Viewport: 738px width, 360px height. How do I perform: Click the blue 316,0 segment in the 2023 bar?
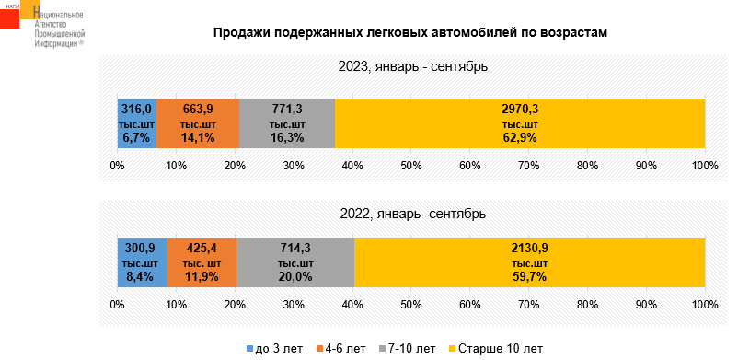136,123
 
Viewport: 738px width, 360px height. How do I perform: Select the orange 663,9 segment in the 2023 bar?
198,123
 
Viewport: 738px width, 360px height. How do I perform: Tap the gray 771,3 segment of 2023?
287,123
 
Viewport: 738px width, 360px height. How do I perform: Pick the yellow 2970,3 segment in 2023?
520,123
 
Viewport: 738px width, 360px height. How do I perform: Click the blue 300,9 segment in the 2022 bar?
142,262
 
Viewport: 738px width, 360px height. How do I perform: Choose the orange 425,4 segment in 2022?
202,262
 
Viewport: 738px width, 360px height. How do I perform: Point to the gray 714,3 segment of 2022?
295,262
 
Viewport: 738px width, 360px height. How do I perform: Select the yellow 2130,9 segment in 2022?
529,262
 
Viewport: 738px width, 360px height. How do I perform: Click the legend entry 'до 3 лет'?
275,349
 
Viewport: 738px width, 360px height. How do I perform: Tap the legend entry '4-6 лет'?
340,349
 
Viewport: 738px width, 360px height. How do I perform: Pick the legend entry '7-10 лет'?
407,349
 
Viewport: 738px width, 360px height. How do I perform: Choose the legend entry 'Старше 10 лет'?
496,349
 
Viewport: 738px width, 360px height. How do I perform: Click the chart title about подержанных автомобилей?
410,33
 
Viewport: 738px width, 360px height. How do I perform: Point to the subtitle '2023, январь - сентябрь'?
413,67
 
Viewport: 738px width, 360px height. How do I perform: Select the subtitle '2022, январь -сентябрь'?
413,214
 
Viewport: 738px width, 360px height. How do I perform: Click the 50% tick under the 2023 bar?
411,166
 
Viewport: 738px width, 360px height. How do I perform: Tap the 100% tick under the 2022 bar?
705,305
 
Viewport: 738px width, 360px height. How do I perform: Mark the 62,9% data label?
520,138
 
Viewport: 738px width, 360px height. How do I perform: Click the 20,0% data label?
295,276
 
